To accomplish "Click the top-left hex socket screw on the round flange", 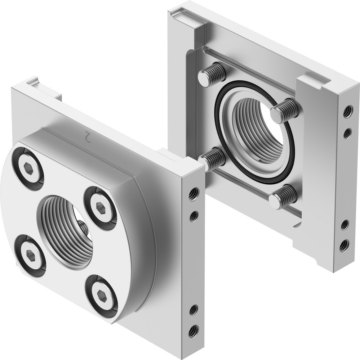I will pos(28,167).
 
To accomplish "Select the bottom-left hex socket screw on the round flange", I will pos(30,255).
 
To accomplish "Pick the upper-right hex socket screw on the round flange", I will pos(100,207).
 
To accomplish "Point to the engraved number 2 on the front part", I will pos(86,136).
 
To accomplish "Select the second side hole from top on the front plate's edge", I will pos(194,216).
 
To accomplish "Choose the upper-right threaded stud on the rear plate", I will pos(285,111).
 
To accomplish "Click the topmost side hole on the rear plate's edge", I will pos(347,112).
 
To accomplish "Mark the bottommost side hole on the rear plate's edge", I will pos(344,246).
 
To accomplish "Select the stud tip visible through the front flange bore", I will pos(83,228).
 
